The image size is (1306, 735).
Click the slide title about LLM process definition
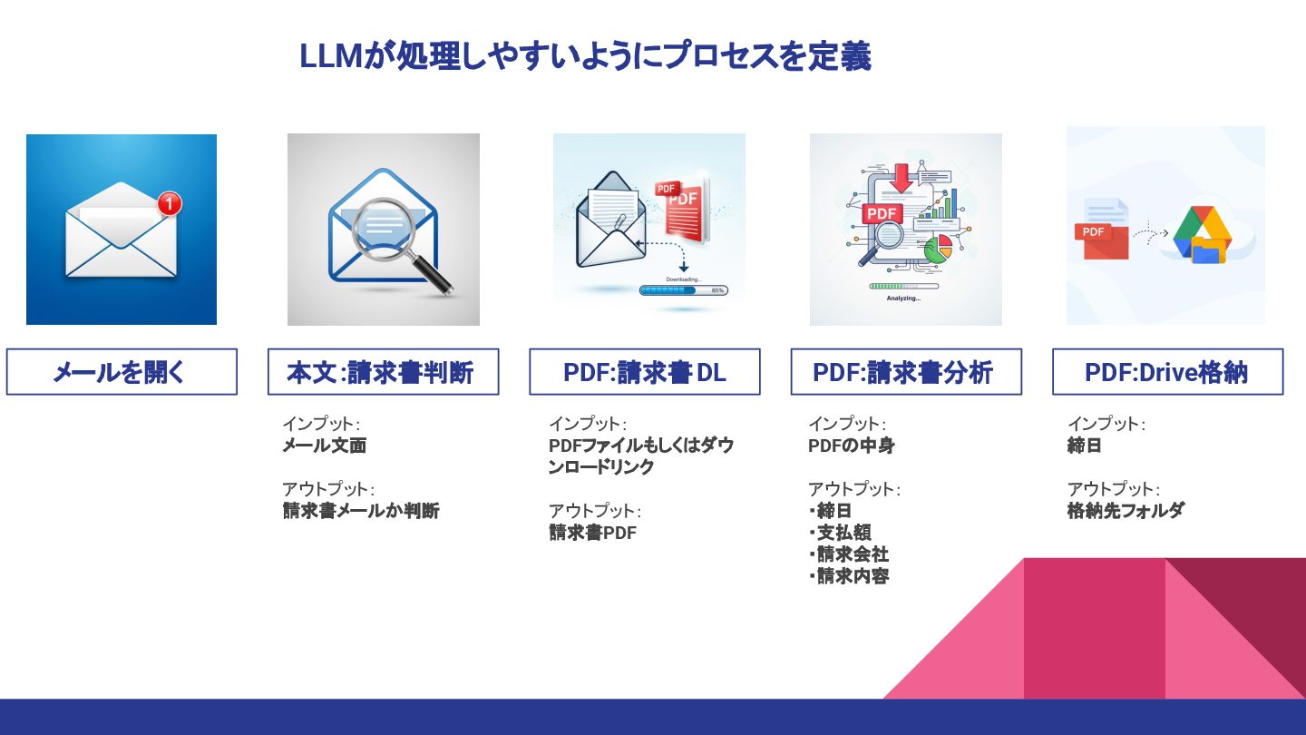(585, 56)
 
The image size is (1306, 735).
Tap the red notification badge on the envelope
(169, 204)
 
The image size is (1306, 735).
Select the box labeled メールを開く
(122, 372)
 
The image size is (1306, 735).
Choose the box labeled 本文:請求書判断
(383, 372)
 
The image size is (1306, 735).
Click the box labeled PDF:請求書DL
(644, 372)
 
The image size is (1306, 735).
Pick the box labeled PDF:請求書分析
(905, 372)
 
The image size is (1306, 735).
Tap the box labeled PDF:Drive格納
(1167, 372)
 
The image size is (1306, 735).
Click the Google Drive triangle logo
(1199, 230)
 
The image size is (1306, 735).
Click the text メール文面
(324, 446)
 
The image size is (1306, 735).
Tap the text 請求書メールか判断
(361, 511)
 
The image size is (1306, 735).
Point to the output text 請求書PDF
(592, 533)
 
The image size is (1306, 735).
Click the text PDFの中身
(851, 446)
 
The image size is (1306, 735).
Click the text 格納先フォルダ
(1126, 511)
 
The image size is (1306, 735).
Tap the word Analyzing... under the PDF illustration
(903, 299)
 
